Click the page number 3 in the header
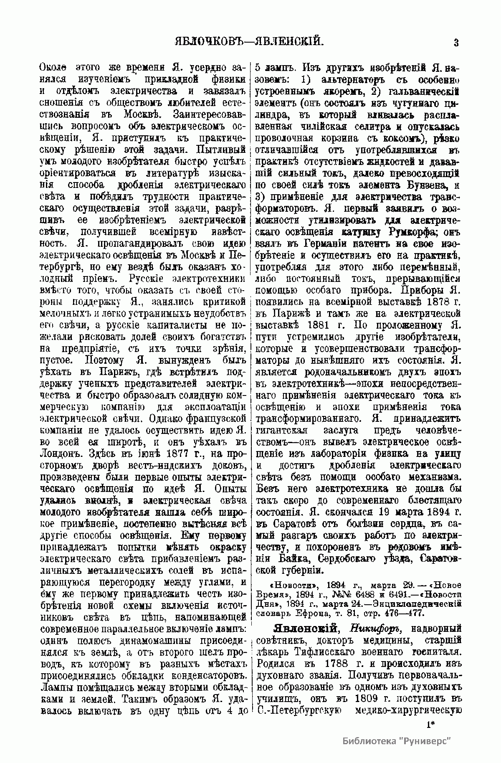[456, 42]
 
